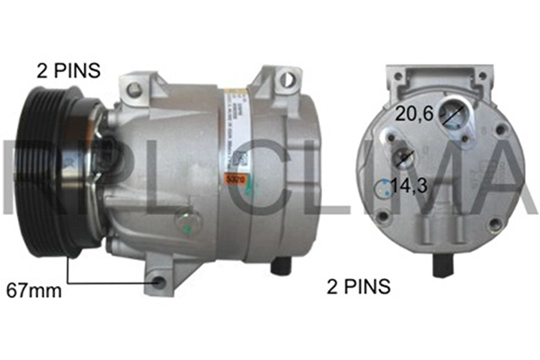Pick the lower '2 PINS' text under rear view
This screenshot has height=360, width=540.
tap(357, 287)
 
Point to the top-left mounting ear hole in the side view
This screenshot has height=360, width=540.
tap(135, 88)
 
